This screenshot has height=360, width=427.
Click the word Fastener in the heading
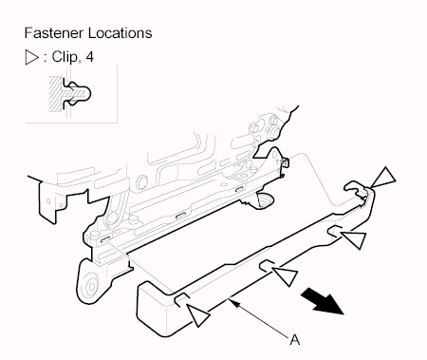(54, 33)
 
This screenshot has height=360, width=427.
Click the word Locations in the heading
(120, 33)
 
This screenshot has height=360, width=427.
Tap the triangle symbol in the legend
(31, 57)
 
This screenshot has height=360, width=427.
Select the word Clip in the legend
(65, 57)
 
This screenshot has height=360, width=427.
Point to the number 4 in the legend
(89, 57)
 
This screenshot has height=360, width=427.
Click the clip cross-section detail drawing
(70, 94)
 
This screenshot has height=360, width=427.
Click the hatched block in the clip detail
(57, 94)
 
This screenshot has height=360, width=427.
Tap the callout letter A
(294, 339)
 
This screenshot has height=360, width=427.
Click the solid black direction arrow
(322, 303)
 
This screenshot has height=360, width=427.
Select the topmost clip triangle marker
(383, 179)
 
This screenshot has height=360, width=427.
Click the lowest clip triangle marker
(198, 314)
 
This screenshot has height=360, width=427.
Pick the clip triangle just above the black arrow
(286, 276)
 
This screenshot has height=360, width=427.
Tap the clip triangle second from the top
(354, 239)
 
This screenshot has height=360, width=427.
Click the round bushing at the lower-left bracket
(91, 287)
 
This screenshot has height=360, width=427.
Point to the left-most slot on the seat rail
(106, 239)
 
